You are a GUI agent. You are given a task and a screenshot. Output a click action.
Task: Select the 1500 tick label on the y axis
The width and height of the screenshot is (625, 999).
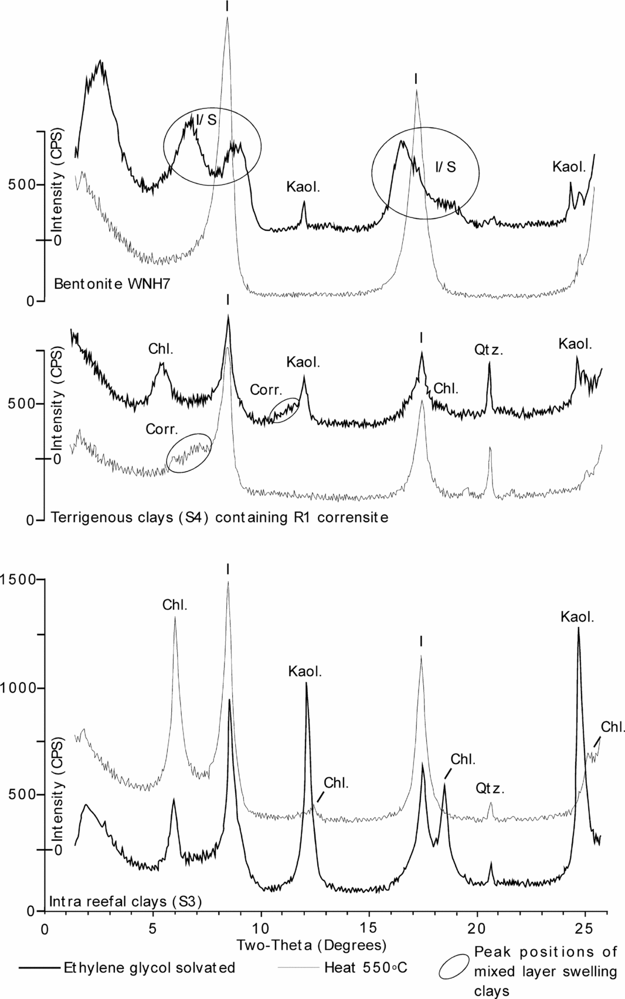tap(17, 579)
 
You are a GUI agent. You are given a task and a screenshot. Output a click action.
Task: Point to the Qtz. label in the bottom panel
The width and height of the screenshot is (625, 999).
tap(490, 789)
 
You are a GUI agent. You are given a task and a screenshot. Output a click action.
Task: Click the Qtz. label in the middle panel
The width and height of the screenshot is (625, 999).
tap(490, 351)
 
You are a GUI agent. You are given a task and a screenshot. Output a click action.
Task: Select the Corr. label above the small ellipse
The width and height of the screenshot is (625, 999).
tap(266, 390)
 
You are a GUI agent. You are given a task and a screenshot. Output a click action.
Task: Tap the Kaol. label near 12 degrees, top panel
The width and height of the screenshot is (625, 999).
tap(303, 187)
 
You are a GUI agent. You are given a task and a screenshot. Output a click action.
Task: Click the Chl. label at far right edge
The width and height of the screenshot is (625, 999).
tap(613, 727)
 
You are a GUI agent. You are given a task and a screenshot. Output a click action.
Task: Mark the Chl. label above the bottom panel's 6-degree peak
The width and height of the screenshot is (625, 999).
tap(175, 605)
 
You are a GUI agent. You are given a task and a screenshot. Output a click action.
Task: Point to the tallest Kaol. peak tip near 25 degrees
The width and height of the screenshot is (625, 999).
tap(579, 628)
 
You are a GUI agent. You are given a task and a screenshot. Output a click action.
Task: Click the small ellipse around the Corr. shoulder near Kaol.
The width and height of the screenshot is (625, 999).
tap(286, 409)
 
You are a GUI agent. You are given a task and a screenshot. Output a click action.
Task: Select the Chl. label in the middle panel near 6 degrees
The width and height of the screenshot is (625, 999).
tap(161, 349)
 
